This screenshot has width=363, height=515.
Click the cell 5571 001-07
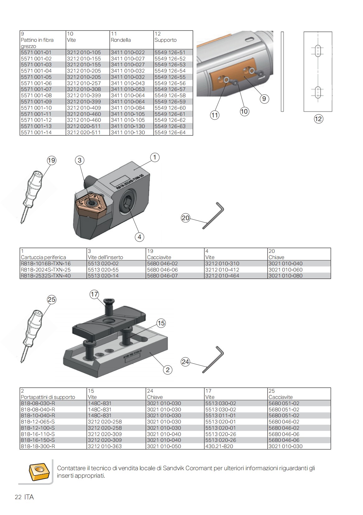(x=36, y=89)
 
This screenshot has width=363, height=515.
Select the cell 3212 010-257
(x=84, y=83)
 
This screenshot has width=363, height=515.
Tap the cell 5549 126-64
(x=170, y=132)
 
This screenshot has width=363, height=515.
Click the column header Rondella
(x=121, y=40)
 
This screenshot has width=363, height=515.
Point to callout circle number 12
(x=318, y=119)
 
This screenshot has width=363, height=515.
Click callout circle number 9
(x=264, y=99)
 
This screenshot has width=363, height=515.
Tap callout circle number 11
(x=215, y=115)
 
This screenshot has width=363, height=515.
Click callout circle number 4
(x=139, y=237)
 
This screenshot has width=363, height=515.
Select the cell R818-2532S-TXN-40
(x=46, y=276)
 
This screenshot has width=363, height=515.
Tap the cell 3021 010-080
(x=285, y=276)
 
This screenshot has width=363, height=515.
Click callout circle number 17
(x=94, y=294)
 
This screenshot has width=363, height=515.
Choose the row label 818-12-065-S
(x=38, y=422)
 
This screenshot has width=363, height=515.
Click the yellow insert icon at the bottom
(x=39, y=471)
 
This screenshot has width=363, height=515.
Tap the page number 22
(x=18, y=497)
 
